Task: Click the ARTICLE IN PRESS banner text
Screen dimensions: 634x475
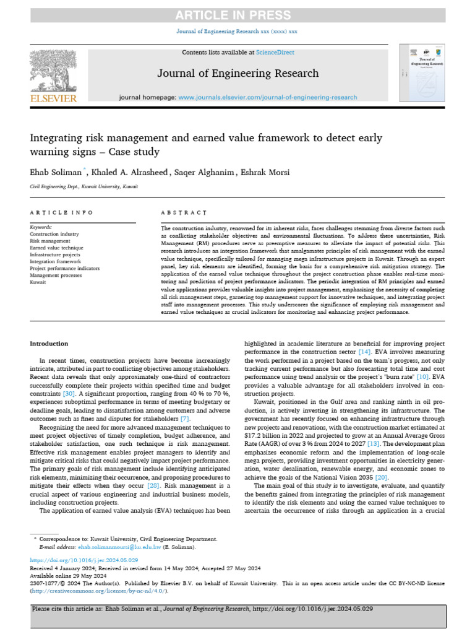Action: tap(237, 15)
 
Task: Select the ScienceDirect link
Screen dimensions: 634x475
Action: tap(276, 53)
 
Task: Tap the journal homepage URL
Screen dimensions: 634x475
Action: tap(267, 97)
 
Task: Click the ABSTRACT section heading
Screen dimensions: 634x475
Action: tap(184, 212)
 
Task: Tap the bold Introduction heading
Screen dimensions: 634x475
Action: tap(49, 344)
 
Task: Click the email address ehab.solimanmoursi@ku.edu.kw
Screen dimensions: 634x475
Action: tap(119, 547)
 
